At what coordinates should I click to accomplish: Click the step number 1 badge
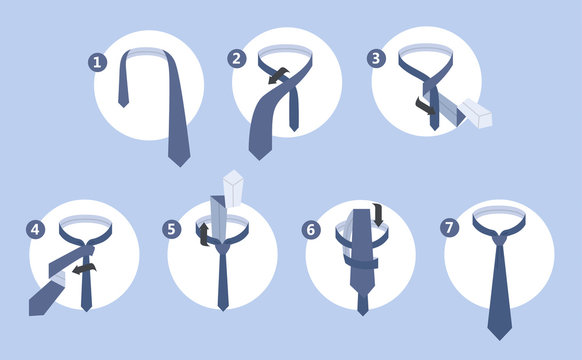coord(98,61)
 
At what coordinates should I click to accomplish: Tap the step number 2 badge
coord(237,58)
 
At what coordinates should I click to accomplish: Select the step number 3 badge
coord(376,58)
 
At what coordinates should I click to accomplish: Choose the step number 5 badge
coord(173,229)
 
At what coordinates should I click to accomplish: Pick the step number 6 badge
coord(312,229)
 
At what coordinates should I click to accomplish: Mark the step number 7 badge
coord(450,229)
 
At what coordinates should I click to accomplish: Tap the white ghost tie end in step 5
coord(234,188)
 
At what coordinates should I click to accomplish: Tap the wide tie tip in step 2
coord(258,150)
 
